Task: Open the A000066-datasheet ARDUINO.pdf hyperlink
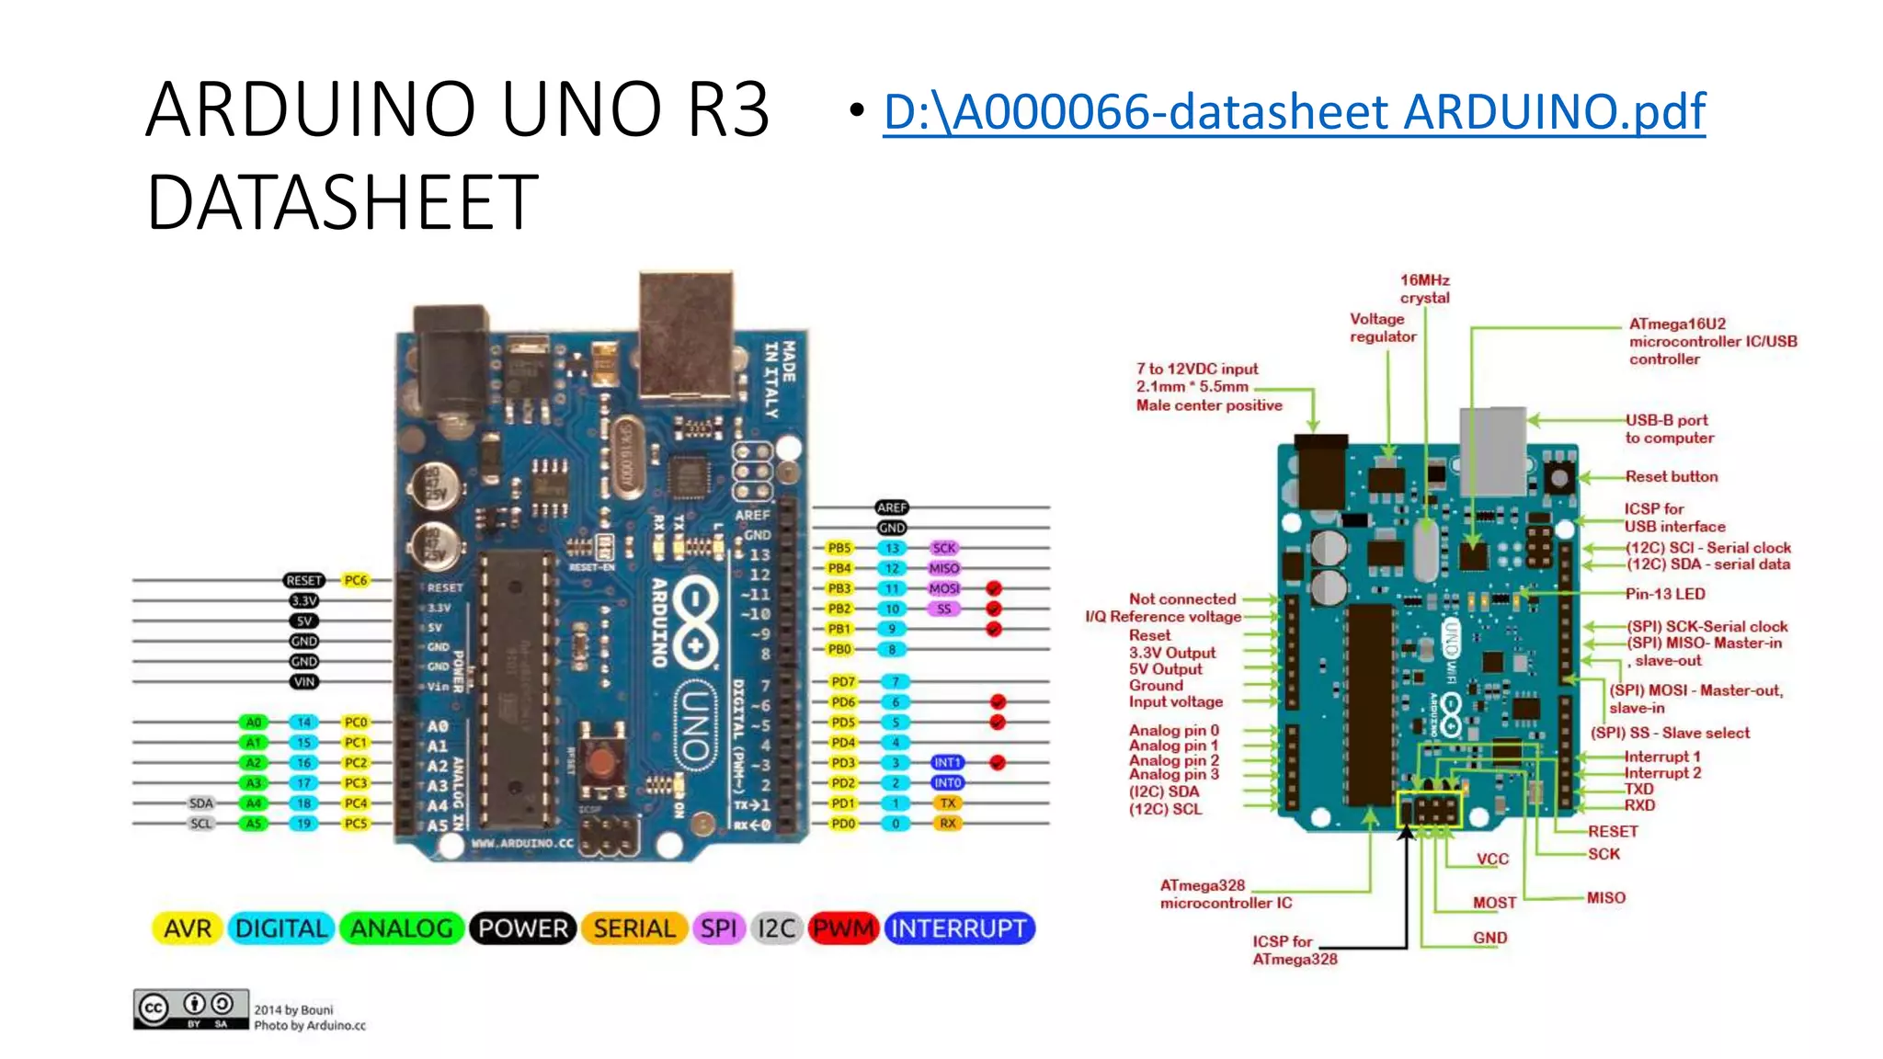point(1294,112)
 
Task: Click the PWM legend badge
point(843,928)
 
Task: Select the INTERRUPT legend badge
point(959,928)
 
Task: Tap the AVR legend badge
point(188,928)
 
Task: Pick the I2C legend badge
point(776,928)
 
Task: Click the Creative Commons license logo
point(191,1009)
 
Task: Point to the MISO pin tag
point(944,568)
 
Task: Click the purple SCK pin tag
point(944,548)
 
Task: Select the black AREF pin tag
point(892,507)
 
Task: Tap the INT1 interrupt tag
point(947,763)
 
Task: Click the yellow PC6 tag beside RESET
point(356,580)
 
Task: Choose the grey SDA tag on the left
point(201,803)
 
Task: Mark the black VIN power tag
point(304,682)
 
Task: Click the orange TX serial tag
point(948,803)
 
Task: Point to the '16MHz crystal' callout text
point(1424,289)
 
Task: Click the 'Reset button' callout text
point(1671,476)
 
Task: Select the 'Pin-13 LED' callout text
point(1664,594)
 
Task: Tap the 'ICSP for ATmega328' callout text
point(1294,950)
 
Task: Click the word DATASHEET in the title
point(342,202)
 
